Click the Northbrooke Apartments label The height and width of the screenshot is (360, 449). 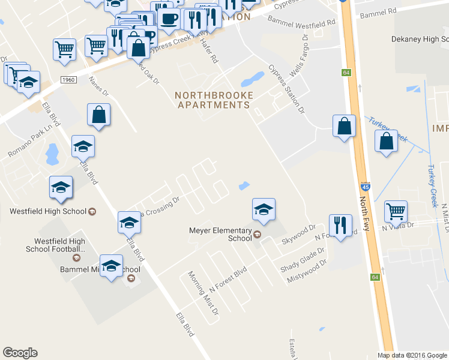click(x=214, y=100)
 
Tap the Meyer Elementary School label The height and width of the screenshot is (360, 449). click(x=220, y=234)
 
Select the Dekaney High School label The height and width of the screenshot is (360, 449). click(x=417, y=39)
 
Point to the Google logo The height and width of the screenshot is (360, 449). click(x=20, y=353)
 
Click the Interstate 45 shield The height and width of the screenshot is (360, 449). click(x=366, y=187)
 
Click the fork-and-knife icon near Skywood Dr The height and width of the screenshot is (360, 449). click(x=340, y=226)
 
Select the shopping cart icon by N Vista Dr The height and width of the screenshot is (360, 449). click(x=396, y=211)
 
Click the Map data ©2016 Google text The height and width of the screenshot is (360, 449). click(x=411, y=355)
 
